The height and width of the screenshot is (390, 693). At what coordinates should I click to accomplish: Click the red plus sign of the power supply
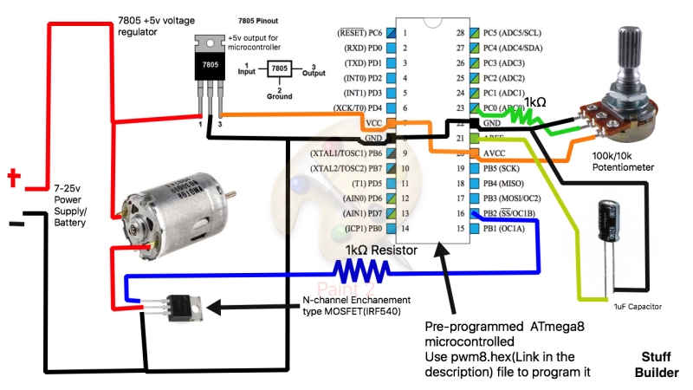(14, 179)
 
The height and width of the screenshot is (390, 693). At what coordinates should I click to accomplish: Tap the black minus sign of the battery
(16, 224)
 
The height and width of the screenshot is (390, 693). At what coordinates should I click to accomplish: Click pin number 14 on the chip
(403, 229)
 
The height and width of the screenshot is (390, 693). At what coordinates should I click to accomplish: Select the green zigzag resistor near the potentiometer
(525, 115)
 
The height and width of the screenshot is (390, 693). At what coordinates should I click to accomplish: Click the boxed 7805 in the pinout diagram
(280, 68)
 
